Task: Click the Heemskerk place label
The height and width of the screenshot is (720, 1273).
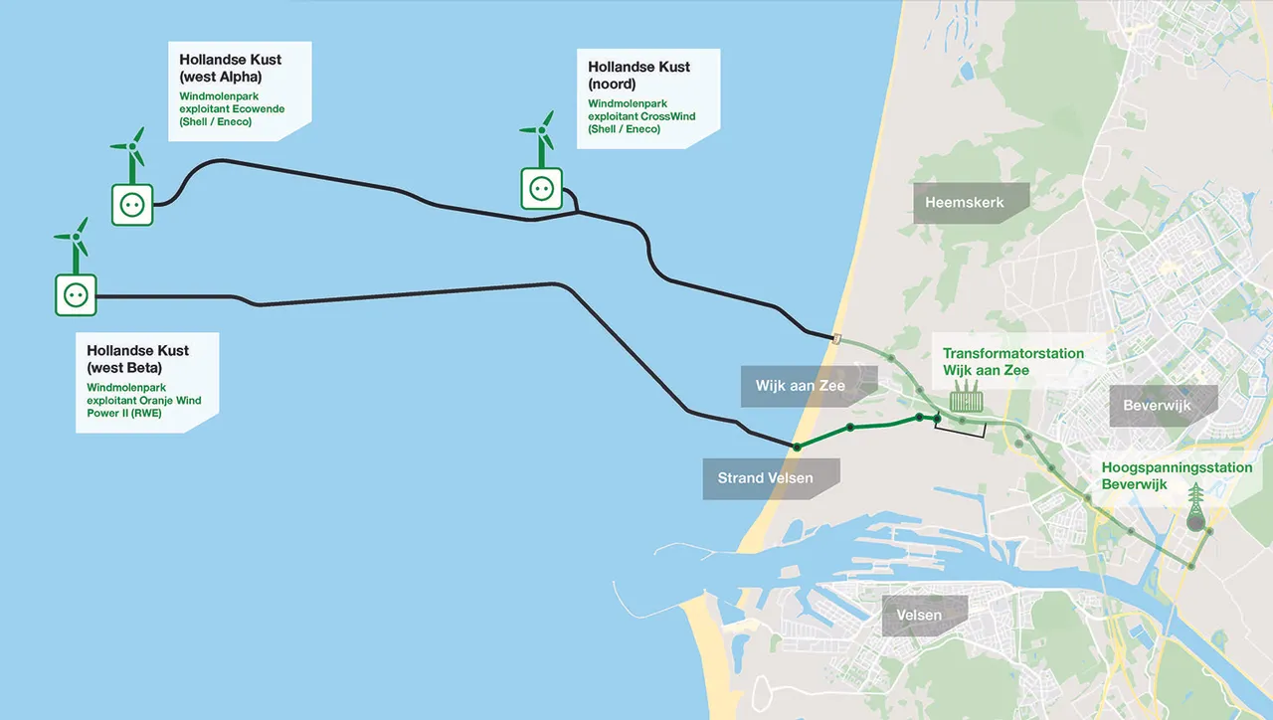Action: [964, 203]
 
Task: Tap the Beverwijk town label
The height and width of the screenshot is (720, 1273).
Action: [1157, 406]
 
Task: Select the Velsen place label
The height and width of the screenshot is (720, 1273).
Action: [919, 616]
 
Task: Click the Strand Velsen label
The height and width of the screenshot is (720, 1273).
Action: [766, 478]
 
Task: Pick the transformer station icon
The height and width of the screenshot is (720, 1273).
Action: [967, 401]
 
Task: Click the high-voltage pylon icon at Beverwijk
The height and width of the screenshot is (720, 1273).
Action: [1196, 509]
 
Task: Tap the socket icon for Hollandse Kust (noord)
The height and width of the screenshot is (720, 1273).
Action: [541, 188]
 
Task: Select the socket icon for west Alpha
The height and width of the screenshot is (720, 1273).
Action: [132, 205]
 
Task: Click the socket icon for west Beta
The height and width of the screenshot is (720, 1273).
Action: [76, 295]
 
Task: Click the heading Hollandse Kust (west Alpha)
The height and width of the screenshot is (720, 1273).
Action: [230, 68]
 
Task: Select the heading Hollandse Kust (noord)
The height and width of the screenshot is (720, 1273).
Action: [638, 76]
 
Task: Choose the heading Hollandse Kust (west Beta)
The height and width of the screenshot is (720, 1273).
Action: [137, 358]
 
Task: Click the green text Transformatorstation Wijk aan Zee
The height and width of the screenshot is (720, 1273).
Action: [1012, 362]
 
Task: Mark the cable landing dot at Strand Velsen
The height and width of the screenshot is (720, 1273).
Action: [797, 447]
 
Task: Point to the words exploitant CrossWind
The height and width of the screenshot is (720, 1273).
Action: [641, 116]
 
